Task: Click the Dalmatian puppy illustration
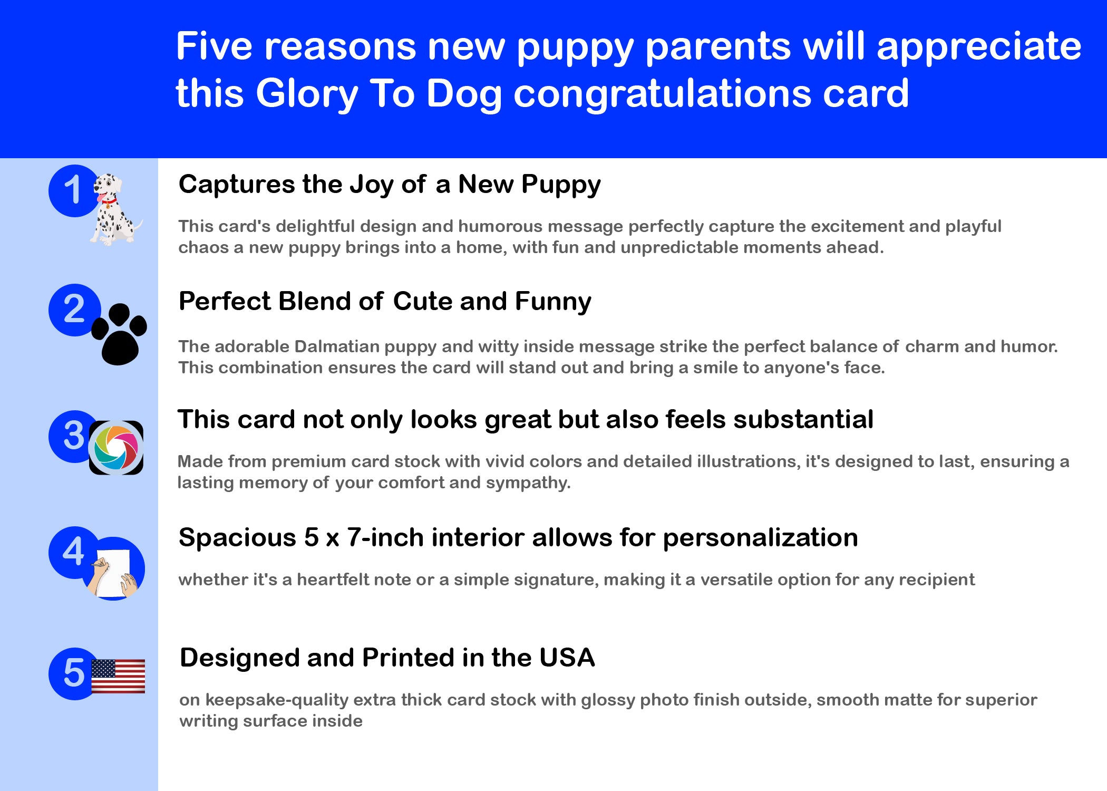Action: [x=115, y=210]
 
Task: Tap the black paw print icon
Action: [x=119, y=334]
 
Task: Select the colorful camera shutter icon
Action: [x=116, y=448]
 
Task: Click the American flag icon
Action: [x=118, y=676]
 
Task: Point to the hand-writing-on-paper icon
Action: [x=113, y=568]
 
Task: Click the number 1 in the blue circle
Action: [x=73, y=190]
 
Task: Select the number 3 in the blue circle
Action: [x=74, y=436]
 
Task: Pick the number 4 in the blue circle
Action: [x=73, y=552]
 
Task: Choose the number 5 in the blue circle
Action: [x=74, y=673]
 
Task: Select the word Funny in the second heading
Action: [x=553, y=302]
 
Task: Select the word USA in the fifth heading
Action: [x=567, y=658]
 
